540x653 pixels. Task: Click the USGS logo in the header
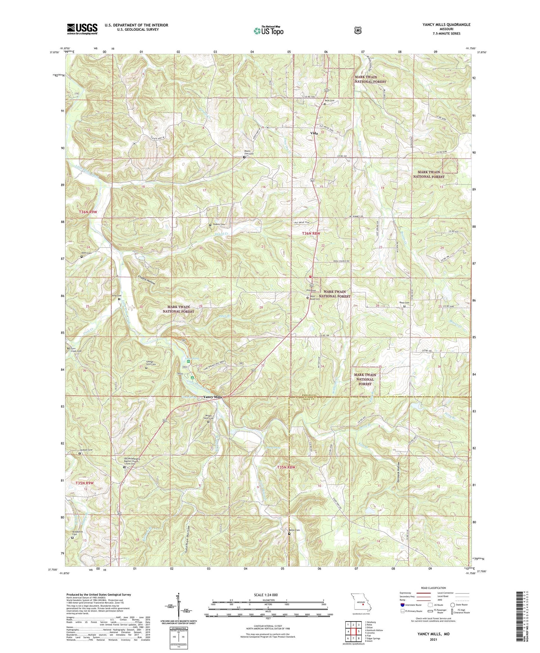click(x=82, y=28)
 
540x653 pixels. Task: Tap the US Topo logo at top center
click(x=268, y=30)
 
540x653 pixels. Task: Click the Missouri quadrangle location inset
click(x=361, y=603)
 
